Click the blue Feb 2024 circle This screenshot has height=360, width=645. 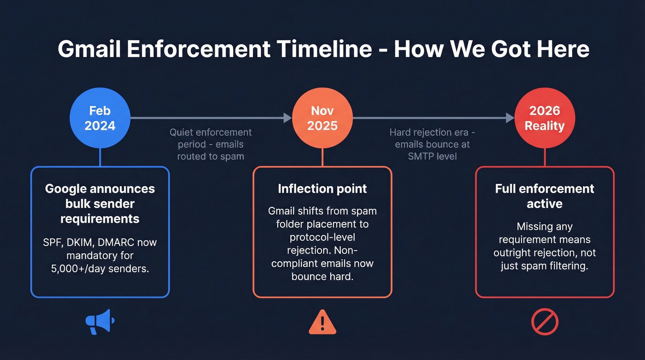click(x=100, y=118)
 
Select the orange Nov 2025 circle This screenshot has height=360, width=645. click(x=322, y=118)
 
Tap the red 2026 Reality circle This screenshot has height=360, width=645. click(x=545, y=118)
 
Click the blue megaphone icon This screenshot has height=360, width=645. click(x=100, y=321)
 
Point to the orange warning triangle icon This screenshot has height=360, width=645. click(x=322, y=322)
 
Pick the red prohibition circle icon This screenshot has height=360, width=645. click(x=545, y=322)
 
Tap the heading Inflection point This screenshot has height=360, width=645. click(x=322, y=189)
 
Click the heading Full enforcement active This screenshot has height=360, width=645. click(x=545, y=196)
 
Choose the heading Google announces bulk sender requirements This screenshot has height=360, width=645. click(x=100, y=203)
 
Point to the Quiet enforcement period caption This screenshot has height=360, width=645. click(x=211, y=144)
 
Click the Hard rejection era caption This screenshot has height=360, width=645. click(x=432, y=144)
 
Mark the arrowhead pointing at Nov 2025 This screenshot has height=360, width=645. click(x=288, y=118)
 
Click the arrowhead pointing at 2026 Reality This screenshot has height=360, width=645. click(x=510, y=118)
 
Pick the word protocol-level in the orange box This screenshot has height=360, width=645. click(x=322, y=237)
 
